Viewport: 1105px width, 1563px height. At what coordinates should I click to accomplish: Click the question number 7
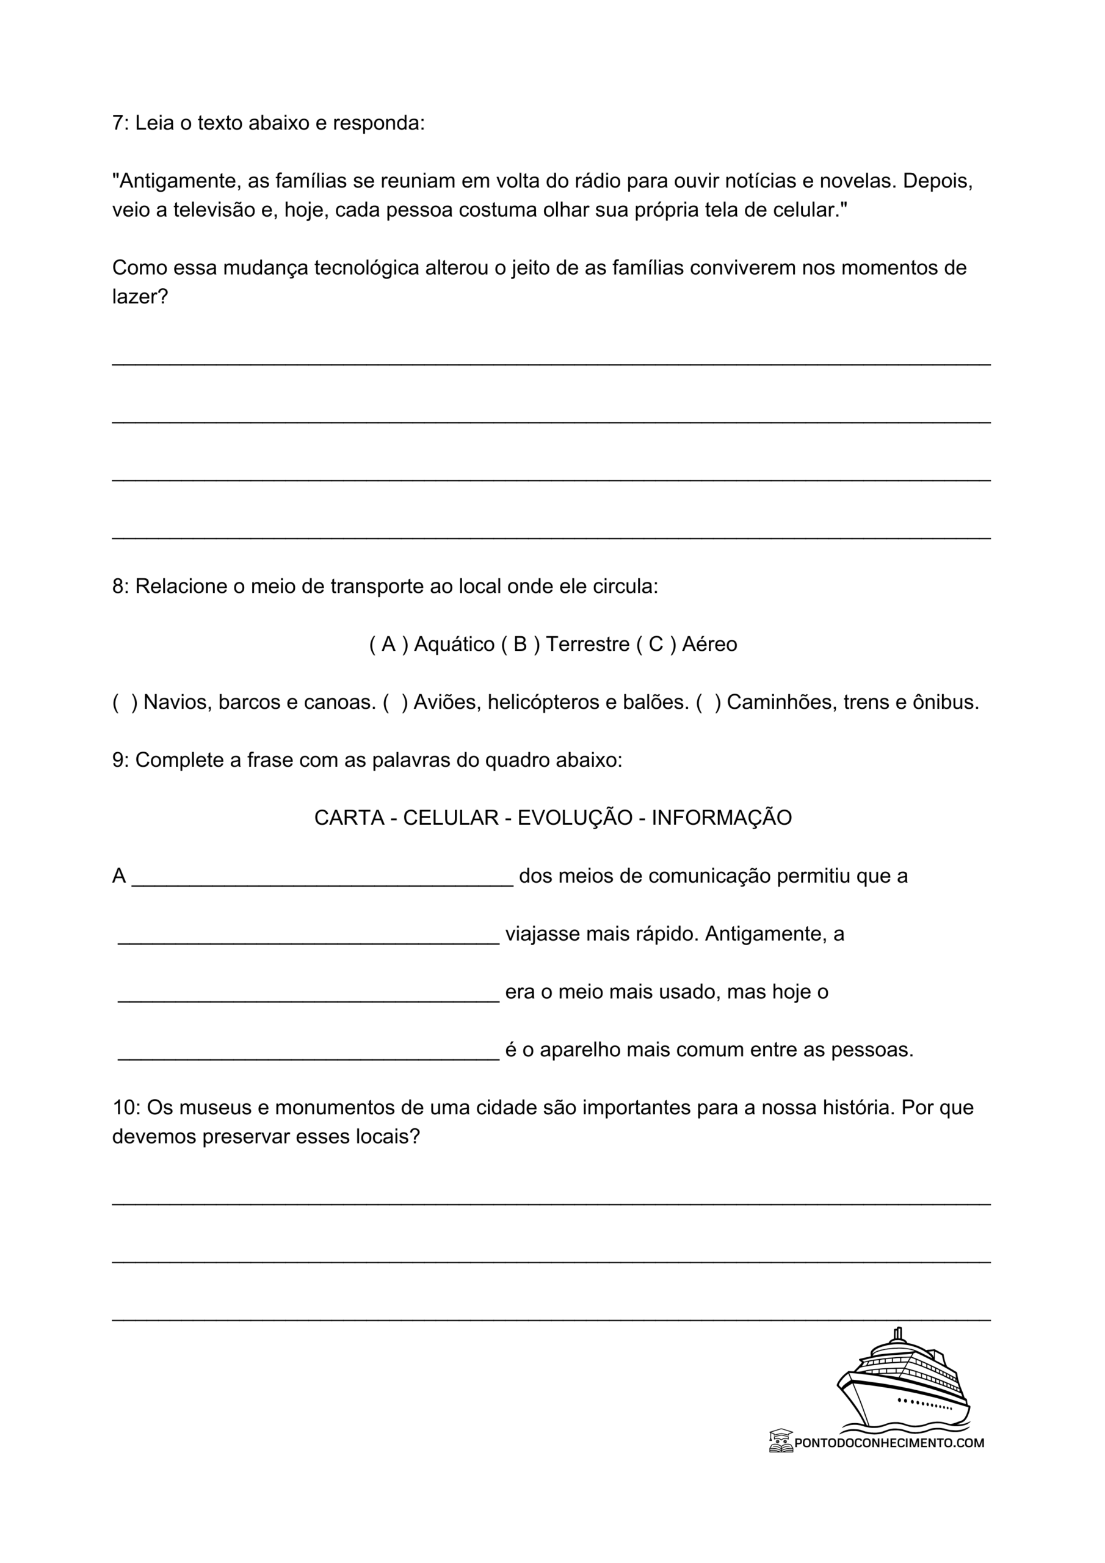pyautogui.click(x=119, y=124)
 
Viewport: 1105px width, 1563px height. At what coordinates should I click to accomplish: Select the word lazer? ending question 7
pyautogui.click(x=140, y=297)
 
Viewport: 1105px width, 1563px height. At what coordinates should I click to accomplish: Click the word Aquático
pyautogui.click(x=454, y=645)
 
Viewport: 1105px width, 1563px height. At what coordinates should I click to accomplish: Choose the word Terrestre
pyautogui.click(x=587, y=645)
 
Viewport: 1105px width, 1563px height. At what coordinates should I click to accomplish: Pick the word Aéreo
pyautogui.click(x=709, y=645)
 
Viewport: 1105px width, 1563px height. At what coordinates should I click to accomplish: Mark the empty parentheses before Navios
pyautogui.click(x=125, y=703)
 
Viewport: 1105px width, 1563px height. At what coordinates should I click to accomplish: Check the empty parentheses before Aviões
pyautogui.click(x=396, y=703)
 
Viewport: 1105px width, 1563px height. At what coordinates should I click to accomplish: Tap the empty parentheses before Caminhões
pyautogui.click(x=708, y=703)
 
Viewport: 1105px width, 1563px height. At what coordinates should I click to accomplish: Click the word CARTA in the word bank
pyautogui.click(x=349, y=818)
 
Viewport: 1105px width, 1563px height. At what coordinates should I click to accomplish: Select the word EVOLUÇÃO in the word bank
pyautogui.click(x=575, y=818)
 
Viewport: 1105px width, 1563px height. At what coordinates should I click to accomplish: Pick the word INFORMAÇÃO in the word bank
pyautogui.click(x=722, y=818)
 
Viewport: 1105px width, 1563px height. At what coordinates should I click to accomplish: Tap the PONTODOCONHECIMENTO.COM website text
pyautogui.click(x=888, y=1443)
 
